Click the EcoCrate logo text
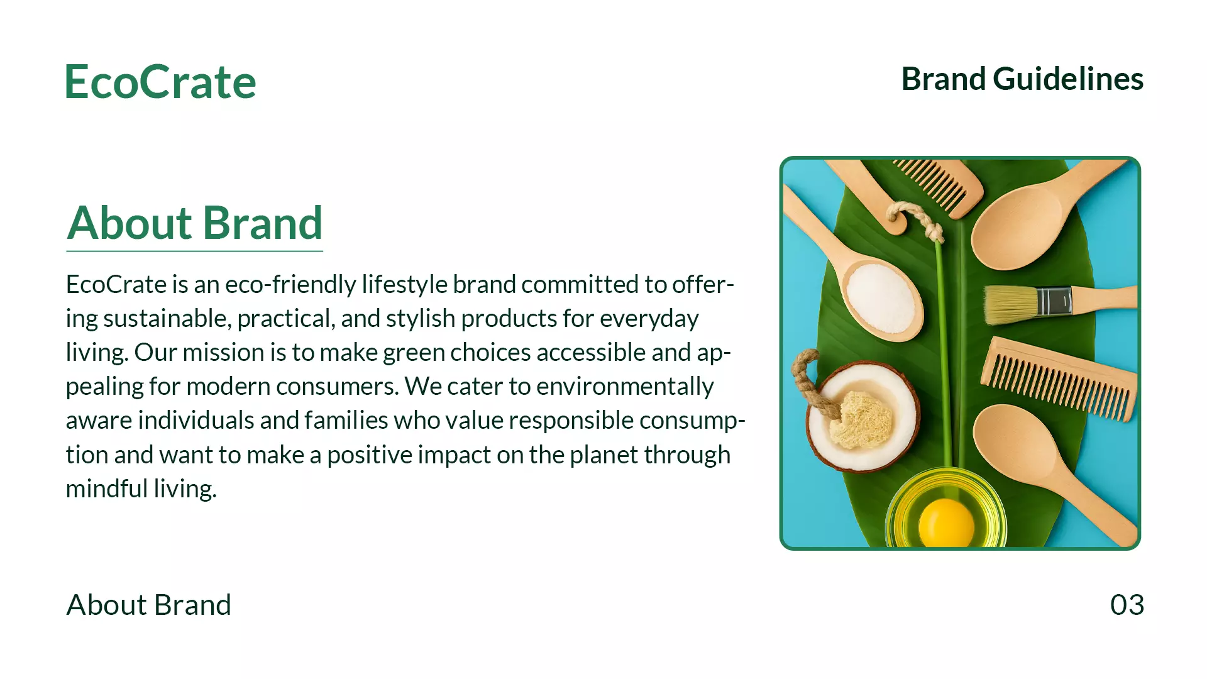(161, 82)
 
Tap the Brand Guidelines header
(1022, 79)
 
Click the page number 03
(1127, 605)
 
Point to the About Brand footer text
(149, 605)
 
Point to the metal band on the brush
(1054, 301)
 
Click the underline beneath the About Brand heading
(195, 251)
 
